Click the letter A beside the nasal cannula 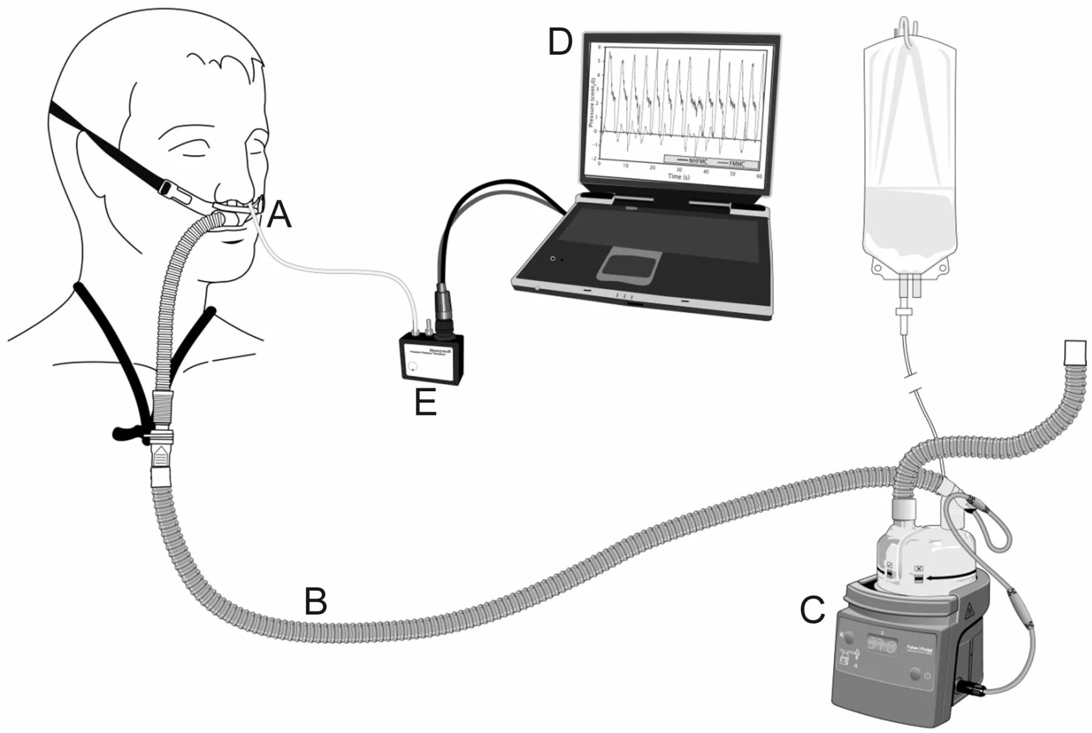coord(279,216)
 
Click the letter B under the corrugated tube coord(315,601)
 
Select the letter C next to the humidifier coord(812,610)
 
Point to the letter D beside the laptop coord(559,43)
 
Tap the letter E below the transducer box coord(425,402)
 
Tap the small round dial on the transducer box coord(413,367)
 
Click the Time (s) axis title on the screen coord(678,176)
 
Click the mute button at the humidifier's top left coord(849,637)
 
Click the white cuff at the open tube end coord(1075,352)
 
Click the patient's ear coord(89,159)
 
